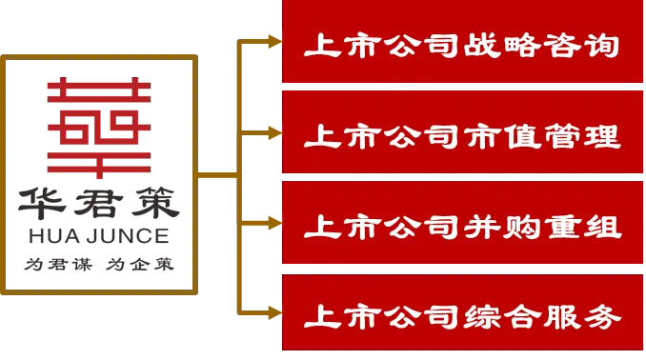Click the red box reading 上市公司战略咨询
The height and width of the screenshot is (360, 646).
(462, 41)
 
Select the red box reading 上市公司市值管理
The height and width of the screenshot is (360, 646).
(462, 131)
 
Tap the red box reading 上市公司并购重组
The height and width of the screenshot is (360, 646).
(462, 223)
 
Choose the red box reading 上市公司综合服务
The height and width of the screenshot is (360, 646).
(462, 312)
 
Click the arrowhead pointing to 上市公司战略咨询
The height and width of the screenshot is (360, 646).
(274, 41)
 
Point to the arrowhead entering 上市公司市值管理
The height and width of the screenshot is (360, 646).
(274, 132)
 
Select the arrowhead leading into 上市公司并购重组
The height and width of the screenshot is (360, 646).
(274, 223)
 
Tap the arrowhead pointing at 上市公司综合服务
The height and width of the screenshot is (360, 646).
(274, 313)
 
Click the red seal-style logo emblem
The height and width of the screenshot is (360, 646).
(99, 128)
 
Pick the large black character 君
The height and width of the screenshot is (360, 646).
(99, 203)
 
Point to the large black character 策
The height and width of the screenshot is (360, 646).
(155, 203)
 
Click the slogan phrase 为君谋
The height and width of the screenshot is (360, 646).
(58, 264)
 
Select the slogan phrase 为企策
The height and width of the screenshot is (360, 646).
(140, 264)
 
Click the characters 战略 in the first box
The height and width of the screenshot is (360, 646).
(500, 46)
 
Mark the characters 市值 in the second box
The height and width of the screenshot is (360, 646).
(501, 136)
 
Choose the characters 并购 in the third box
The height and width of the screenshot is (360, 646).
(500, 227)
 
